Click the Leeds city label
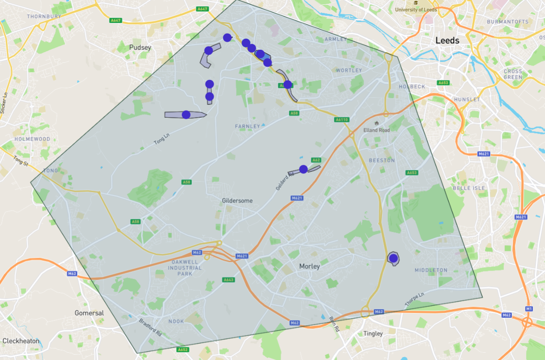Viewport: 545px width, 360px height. click(x=447, y=41)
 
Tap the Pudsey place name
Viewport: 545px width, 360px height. click(x=140, y=47)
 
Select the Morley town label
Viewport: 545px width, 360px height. click(x=309, y=266)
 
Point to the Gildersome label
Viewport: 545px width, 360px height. click(x=237, y=201)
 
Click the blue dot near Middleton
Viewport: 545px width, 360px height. click(x=393, y=259)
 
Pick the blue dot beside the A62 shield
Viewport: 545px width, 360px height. click(x=303, y=169)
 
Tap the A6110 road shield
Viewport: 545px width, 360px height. click(x=341, y=120)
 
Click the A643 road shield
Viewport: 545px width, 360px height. click(x=228, y=280)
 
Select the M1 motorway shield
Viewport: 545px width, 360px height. click(x=529, y=308)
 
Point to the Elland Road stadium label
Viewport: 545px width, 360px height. click(x=376, y=130)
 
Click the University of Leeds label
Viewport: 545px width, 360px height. click(x=415, y=10)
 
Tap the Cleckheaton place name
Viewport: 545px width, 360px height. click(x=21, y=341)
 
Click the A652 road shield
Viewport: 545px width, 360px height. click(x=182, y=349)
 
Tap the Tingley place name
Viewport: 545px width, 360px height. click(x=373, y=333)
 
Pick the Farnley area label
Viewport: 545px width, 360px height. click(x=247, y=126)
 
